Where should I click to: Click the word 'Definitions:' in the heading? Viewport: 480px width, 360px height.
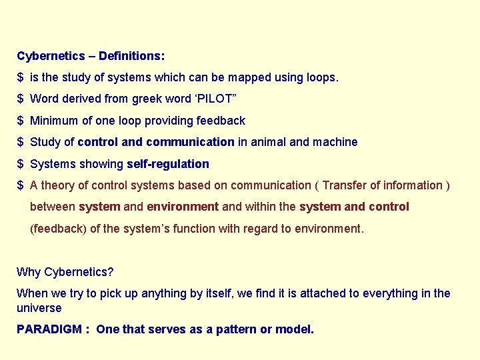(131, 56)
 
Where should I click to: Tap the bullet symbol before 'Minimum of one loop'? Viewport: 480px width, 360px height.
(21, 121)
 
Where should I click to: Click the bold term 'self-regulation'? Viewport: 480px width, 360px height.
(167, 164)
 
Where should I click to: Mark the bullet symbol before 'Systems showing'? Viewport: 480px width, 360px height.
(21, 164)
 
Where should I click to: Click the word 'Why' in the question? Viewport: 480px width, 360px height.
(28, 272)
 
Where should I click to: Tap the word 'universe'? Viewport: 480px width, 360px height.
(39, 308)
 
